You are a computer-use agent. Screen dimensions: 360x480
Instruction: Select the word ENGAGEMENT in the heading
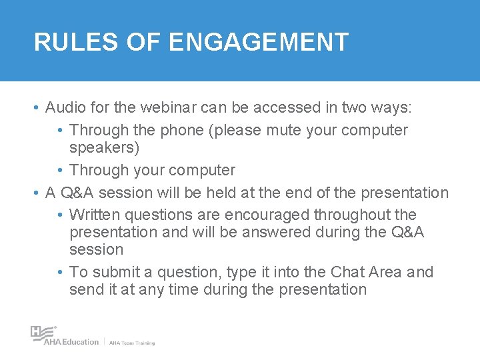[259, 42]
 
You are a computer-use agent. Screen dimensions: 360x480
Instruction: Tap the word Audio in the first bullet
[65, 107]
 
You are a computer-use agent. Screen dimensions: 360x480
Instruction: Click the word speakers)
[104, 147]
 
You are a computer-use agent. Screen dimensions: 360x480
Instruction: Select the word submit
[115, 272]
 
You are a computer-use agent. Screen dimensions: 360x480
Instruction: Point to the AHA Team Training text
[132, 343]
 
